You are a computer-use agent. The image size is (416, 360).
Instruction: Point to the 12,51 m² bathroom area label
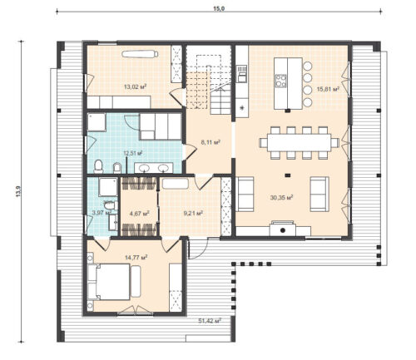click(x=131, y=153)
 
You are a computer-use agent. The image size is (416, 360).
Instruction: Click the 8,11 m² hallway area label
click(x=210, y=142)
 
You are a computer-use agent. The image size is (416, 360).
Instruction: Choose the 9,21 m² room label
click(x=193, y=213)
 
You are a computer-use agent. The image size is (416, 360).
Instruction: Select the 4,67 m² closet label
click(x=139, y=213)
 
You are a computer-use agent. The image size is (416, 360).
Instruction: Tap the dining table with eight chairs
click(x=299, y=142)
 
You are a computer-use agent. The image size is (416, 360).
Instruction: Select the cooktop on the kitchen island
click(x=280, y=81)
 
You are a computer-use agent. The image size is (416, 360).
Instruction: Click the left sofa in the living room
click(x=246, y=193)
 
